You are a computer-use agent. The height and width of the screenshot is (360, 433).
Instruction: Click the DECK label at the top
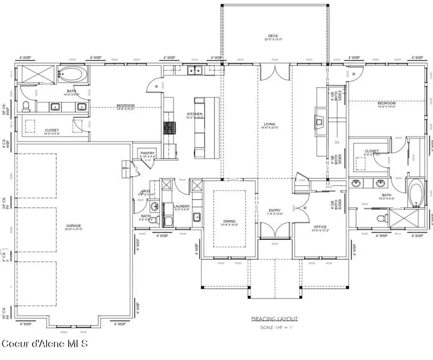tap(273, 36)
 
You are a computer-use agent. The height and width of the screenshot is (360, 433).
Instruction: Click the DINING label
tap(229, 221)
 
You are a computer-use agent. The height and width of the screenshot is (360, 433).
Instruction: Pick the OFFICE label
tap(320, 227)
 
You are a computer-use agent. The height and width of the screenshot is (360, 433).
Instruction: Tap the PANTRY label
tap(147, 153)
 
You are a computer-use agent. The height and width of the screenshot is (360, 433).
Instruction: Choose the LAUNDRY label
tap(182, 206)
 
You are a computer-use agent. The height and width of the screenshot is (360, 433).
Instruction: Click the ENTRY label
tap(274, 210)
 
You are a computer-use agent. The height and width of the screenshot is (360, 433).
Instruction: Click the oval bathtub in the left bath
tap(73, 74)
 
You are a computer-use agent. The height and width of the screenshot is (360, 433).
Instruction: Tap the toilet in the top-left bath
tap(27, 105)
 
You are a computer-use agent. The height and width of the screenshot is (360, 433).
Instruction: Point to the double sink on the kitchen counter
tap(195, 70)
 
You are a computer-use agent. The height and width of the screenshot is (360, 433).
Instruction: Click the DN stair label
tap(337, 142)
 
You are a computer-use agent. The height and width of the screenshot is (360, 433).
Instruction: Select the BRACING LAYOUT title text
tap(275, 319)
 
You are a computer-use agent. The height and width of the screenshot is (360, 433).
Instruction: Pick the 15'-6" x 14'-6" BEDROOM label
tap(386, 103)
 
